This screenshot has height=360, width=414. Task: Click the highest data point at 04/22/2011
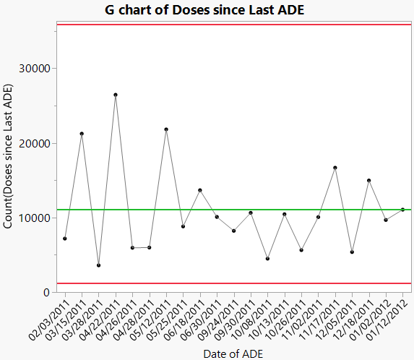[x=116, y=95]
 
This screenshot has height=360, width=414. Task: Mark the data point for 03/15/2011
[x=82, y=134]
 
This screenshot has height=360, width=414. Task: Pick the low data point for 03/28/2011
[x=99, y=265]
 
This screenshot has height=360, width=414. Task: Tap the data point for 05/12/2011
[x=166, y=129]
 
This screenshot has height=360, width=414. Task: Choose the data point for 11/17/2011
[x=335, y=168]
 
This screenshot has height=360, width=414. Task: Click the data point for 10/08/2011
[x=268, y=259]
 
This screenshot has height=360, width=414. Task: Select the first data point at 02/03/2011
[x=65, y=239]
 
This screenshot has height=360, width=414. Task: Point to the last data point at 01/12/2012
[x=402, y=210]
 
